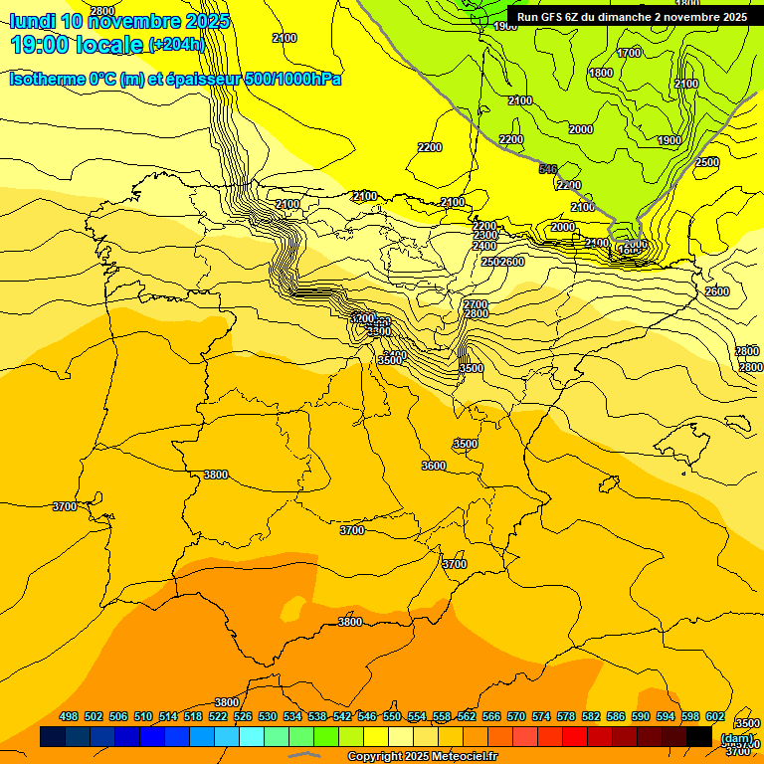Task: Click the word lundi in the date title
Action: pyautogui.click(x=32, y=21)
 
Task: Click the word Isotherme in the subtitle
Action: pyautogui.click(x=47, y=79)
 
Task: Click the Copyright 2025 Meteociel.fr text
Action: pyautogui.click(x=422, y=757)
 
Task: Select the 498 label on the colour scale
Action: pyautogui.click(x=69, y=716)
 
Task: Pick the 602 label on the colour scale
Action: pyautogui.click(x=715, y=716)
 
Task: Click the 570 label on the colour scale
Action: pyautogui.click(x=516, y=716)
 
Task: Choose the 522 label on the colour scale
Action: pyautogui.click(x=218, y=716)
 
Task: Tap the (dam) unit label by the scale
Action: pyautogui.click(x=736, y=737)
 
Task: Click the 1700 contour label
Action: pyautogui.click(x=629, y=53)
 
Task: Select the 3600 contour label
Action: pyautogui.click(x=434, y=466)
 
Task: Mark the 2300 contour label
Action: pyautogui.click(x=485, y=236)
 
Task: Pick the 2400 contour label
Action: pyautogui.click(x=484, y=246)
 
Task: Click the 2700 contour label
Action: pyautogui.click(x=476, y=304)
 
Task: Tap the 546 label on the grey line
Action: pyautogui.click(x=548, y=170)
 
